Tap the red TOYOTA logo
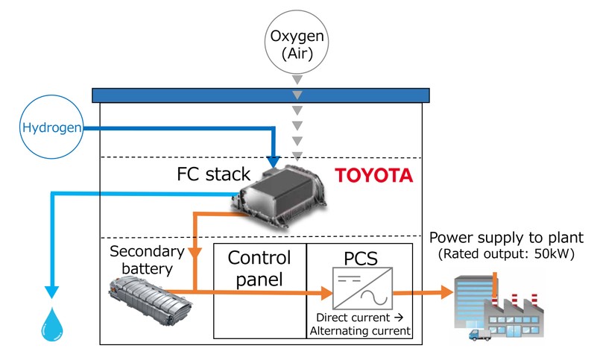coord(373,176)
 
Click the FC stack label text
coord(204,177)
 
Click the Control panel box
coord(259,290)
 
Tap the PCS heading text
coord(361,259)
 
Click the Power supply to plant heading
coord(506,238)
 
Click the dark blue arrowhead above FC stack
coord(274,161)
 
